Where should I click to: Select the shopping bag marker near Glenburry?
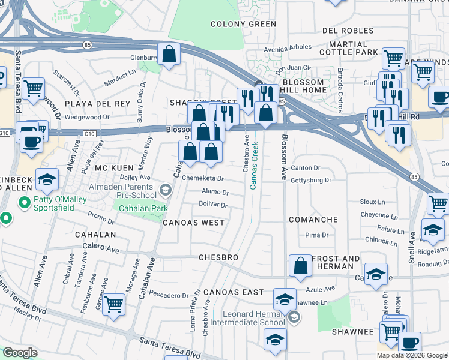point(169,53)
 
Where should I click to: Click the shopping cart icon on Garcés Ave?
point(113,304)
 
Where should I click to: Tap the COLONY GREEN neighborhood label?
point(243,24)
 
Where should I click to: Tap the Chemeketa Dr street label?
point(203,178)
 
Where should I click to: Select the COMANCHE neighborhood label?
point(313,220)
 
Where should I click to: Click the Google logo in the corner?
point(20,353)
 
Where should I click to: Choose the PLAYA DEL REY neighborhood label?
point(97,104)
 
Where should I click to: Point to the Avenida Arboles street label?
point(288,47)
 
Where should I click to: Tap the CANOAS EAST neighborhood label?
point(234,292)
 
